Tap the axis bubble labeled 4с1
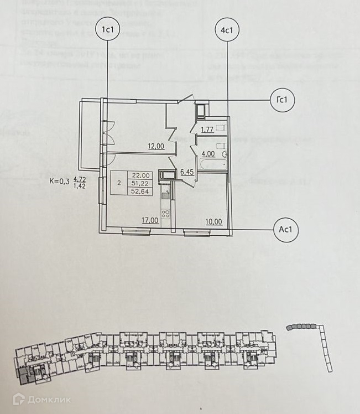point(226,31)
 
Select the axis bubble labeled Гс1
point(282,100)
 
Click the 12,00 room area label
point(156,147)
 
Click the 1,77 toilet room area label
point(207,131)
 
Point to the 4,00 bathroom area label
point(208,154)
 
